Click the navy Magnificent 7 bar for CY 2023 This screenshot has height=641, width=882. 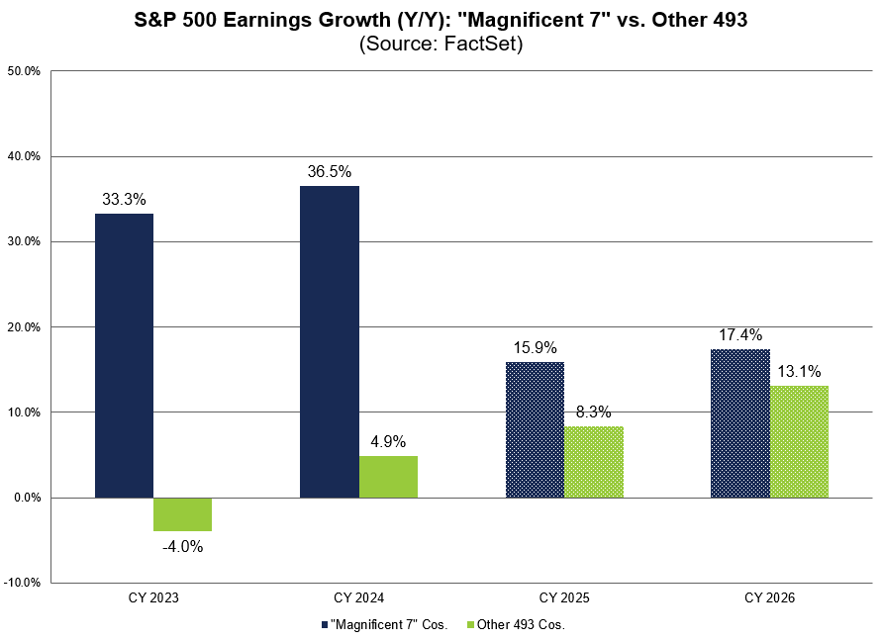124,355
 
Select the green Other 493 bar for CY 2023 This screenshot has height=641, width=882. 183,514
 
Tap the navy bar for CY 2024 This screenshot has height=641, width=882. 330,341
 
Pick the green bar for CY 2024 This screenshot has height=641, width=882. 388,477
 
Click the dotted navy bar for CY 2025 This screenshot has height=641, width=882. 535,429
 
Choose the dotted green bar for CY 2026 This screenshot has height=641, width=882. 799,441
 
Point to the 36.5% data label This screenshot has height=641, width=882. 330,171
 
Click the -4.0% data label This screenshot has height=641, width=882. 182,546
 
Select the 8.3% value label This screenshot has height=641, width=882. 593,412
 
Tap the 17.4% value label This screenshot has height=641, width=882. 739,334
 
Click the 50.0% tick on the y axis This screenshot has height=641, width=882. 24,71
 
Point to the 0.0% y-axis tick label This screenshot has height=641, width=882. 27,498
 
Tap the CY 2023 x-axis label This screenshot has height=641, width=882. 153,598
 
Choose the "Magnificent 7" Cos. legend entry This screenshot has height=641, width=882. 385,624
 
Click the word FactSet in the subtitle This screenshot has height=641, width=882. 485,44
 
